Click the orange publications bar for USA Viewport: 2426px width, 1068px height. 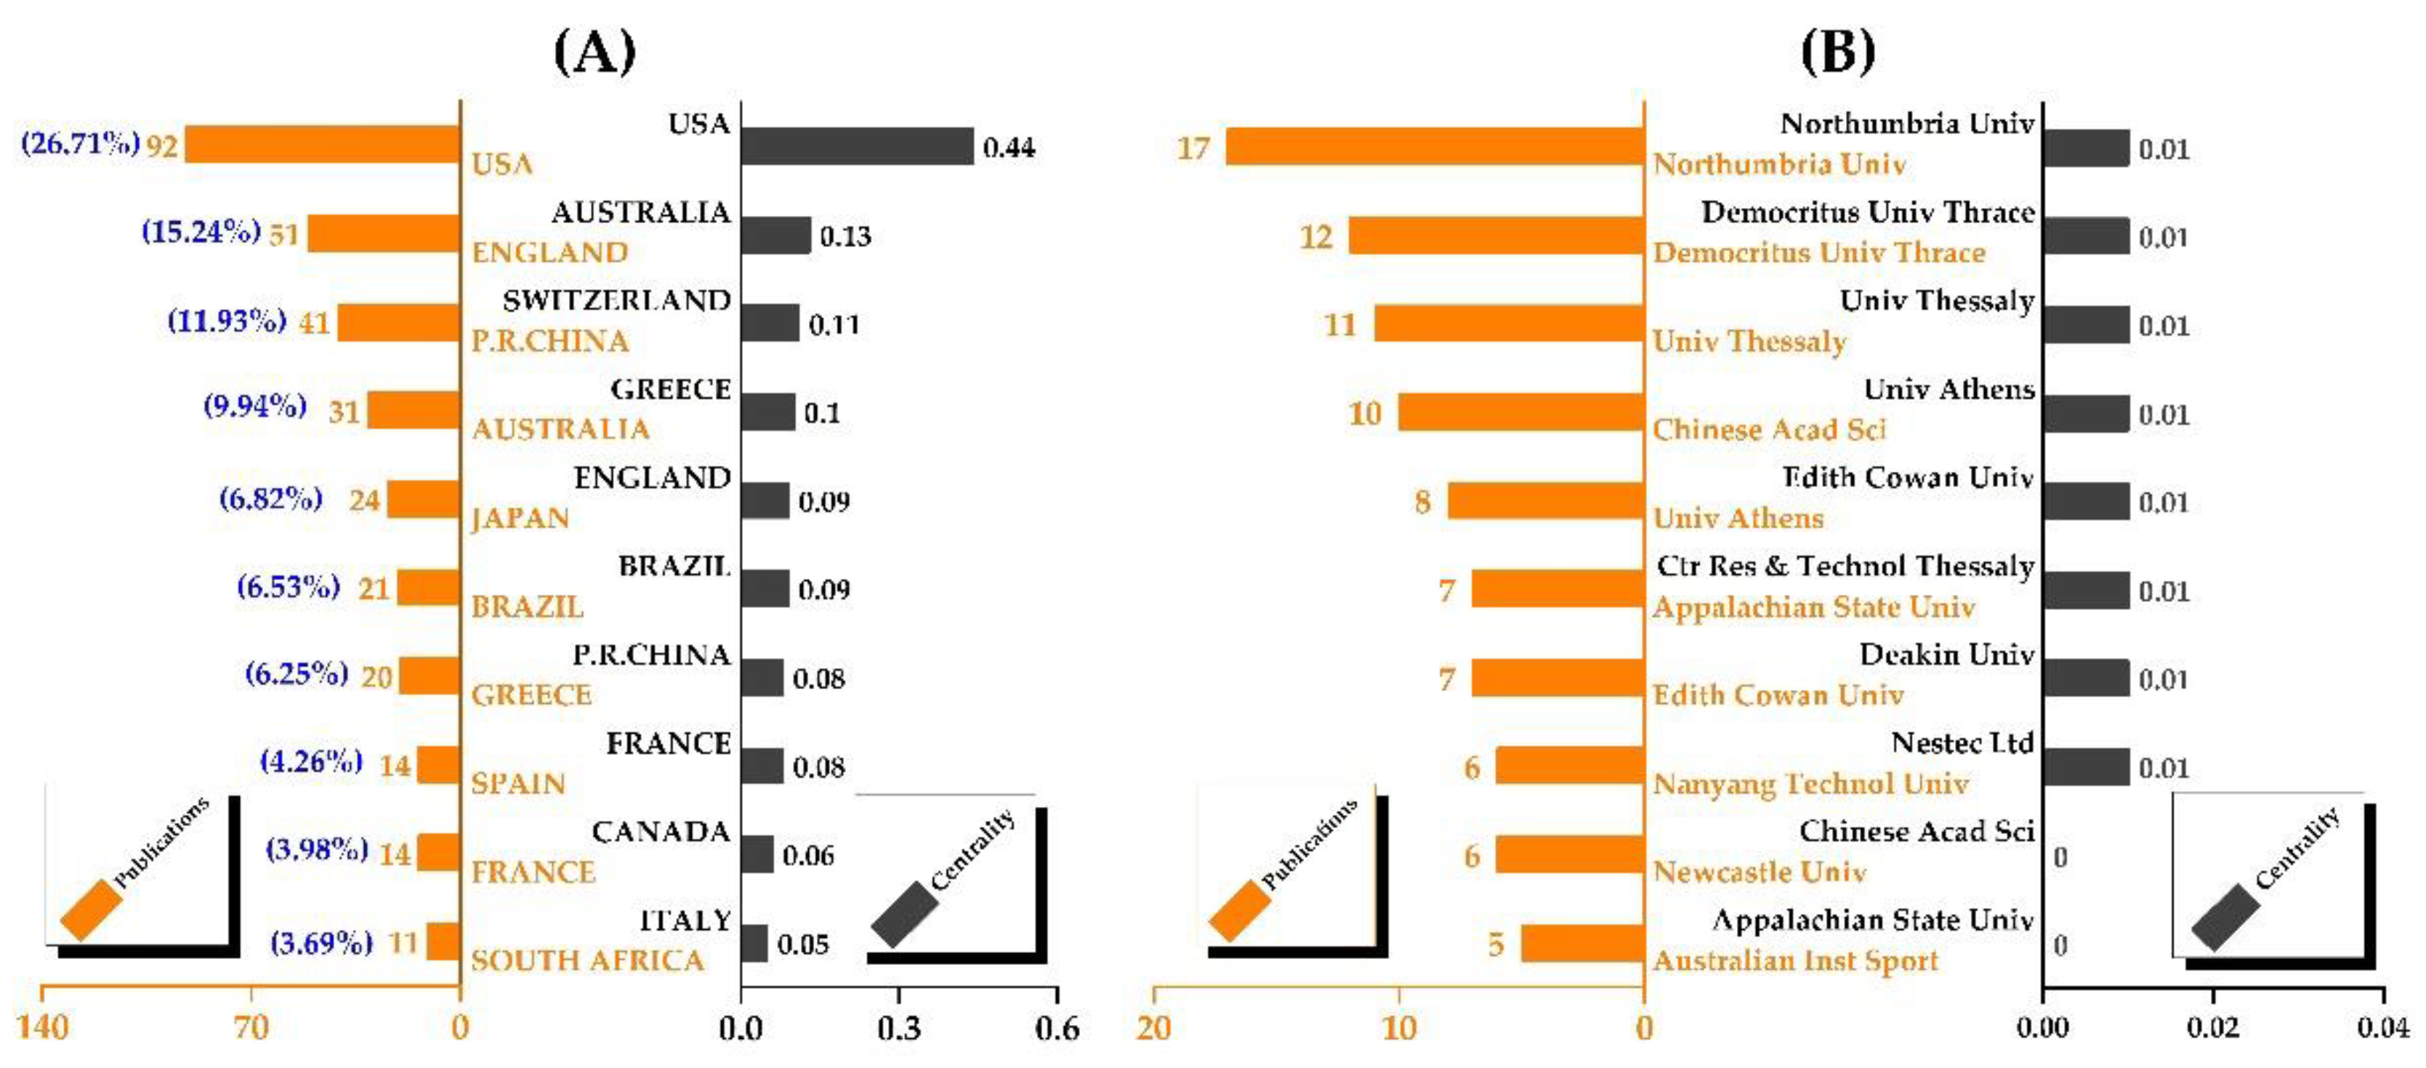322,145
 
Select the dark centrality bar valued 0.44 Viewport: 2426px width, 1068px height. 856,146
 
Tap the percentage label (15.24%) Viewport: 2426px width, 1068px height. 201,232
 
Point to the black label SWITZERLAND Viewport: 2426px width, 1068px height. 617,300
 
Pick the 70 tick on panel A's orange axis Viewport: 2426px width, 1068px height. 251,1027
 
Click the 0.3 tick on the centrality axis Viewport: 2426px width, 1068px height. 898,1027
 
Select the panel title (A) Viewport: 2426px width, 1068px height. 595,52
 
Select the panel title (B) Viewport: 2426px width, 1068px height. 1837,52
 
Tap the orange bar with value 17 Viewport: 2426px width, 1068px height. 1435,146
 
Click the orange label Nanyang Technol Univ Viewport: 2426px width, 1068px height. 1810,784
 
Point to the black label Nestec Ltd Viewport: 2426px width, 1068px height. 1962,743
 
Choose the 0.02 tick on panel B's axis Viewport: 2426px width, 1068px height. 2212,1027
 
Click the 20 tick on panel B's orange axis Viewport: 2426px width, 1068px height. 1153,1027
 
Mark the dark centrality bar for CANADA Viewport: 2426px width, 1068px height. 757,854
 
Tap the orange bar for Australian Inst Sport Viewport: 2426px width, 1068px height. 1582,943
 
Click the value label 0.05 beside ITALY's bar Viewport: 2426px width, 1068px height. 802,944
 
